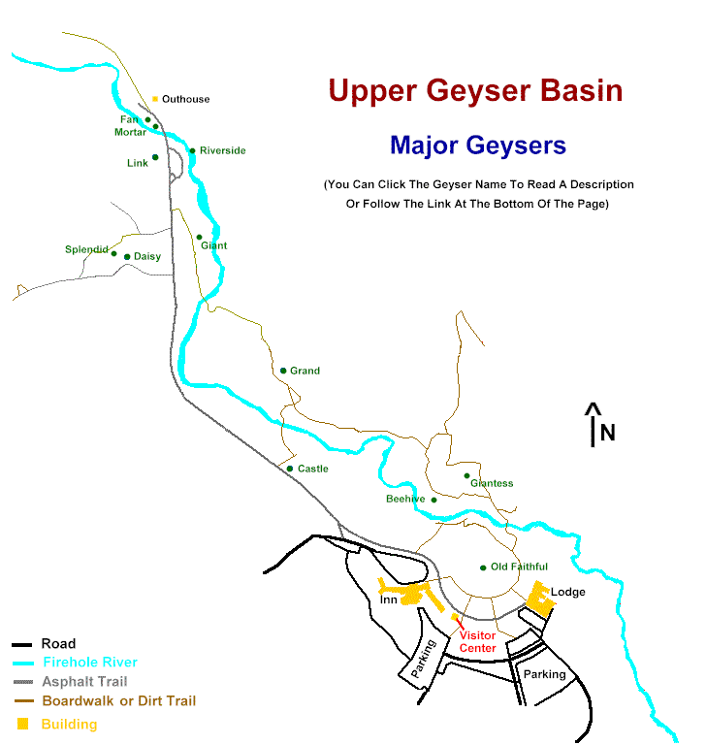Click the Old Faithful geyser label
point(519,567)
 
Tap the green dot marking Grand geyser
point(283,371)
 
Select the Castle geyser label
point(312,469)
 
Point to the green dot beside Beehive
point(434,500)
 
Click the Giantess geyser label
point(492,483)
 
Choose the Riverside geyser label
point(222,150)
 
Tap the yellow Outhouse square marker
point(155,98)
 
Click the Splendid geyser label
point(86,249)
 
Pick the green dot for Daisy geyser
point(127,257)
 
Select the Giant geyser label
point(213,245)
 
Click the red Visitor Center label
point(477,642)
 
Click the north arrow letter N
point(607,433)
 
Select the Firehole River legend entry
point(83,663)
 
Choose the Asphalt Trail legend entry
point(84,682)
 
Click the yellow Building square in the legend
point(22,724)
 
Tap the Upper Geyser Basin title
point(475,91)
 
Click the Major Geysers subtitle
point(477,146)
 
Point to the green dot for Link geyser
point(155,157)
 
